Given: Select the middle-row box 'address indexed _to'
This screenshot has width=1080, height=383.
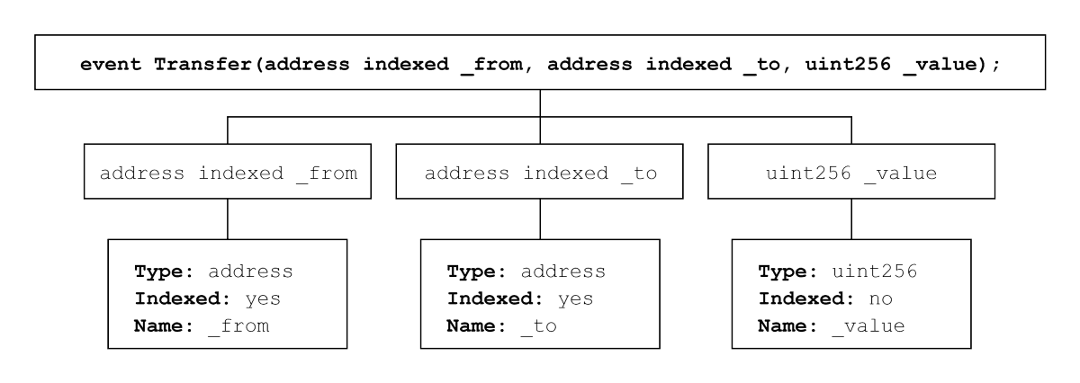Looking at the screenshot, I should (540, 173).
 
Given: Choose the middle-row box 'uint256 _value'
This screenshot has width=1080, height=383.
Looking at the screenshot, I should (850, 173).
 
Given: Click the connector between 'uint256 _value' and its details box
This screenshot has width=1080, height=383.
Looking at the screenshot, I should (850, 218).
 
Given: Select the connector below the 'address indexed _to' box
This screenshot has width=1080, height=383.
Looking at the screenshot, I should (540, 218).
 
